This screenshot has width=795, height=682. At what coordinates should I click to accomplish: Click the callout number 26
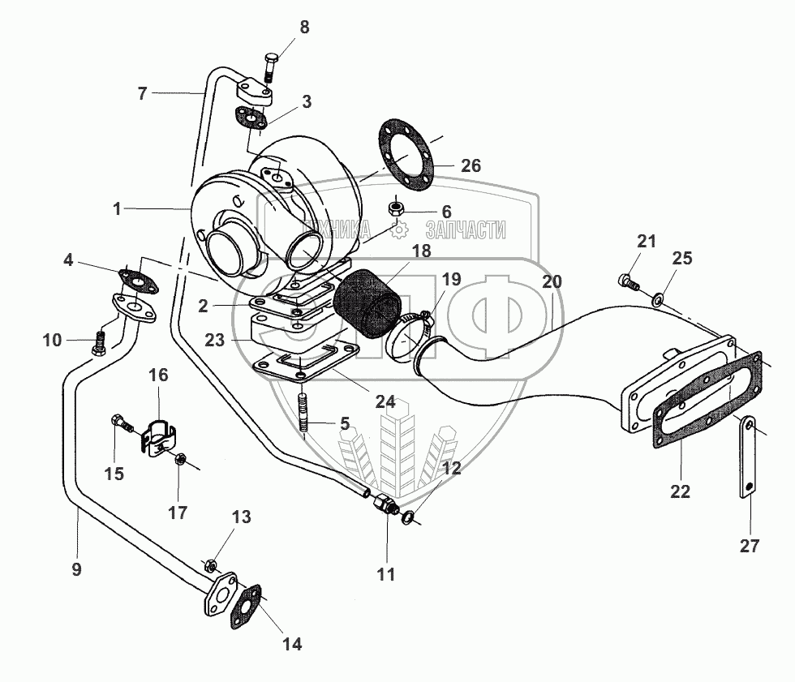tap(471, 166)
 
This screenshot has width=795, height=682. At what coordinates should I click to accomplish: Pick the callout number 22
tap(680, 491)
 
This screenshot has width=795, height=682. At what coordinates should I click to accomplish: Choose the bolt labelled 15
tap(118, 422)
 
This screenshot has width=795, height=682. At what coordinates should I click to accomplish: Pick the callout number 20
tap(552, 283)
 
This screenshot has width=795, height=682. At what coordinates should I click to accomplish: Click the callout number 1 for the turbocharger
tap(117, 209)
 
